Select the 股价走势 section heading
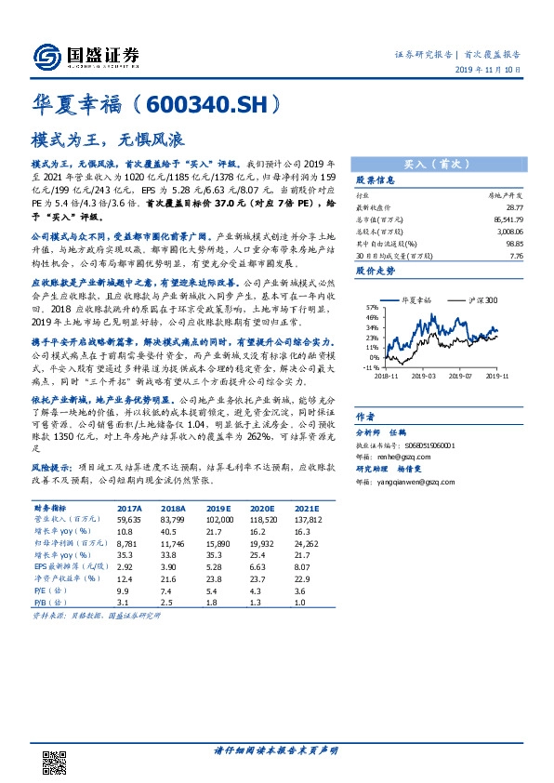376,272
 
